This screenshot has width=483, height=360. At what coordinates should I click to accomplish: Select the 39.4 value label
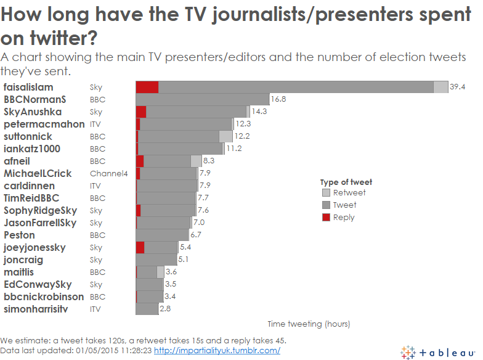pos(457,88)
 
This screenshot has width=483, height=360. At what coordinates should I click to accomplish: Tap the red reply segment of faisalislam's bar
pos(147,88)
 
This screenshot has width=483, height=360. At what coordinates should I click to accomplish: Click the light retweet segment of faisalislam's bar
pos(440,88)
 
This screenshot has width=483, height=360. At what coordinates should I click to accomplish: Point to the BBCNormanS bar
pos(203,99)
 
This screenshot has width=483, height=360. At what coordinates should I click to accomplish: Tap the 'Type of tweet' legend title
pos(346,182)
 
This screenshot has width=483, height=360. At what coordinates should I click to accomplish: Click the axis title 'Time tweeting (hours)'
pos(309,324)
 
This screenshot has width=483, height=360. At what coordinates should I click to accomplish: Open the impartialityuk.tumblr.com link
pos(217,350)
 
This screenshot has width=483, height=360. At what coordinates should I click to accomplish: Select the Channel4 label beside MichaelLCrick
pos(108,174)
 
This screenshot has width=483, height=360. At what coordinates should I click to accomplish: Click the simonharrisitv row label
pos(36,309)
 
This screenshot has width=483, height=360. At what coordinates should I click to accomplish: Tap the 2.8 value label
pos(165,309)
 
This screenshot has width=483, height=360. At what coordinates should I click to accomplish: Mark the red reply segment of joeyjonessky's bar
pos(140,247)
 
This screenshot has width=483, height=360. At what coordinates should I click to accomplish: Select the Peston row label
pos(19,235)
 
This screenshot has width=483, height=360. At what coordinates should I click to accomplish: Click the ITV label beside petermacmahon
pos(95,125)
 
